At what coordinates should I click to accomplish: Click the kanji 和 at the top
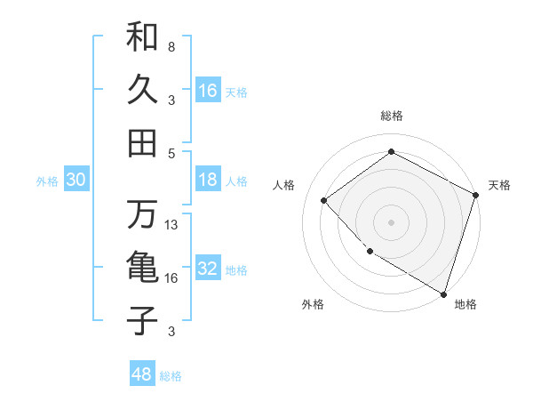pos(142,37)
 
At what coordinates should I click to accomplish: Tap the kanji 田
pos(142,141)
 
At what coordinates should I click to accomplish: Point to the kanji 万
pos(142,214)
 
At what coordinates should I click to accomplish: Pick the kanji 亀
pos(142,268)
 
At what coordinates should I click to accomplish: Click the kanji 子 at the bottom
pos(142,320)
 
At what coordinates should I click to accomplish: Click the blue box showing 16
pos(208,91)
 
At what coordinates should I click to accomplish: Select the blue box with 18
pos(208,180)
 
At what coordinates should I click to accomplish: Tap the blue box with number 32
pos(208,269)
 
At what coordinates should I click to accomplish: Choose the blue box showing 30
pos(76,180)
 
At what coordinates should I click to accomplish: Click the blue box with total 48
pos(142,374)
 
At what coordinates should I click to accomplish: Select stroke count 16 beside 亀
pos(171,278)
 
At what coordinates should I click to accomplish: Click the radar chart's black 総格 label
pos(391,116)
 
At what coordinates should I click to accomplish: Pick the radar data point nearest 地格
pos(443,293)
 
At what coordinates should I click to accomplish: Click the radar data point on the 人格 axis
pos(324,201)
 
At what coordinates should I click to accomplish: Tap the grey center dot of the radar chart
pos(391,221)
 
